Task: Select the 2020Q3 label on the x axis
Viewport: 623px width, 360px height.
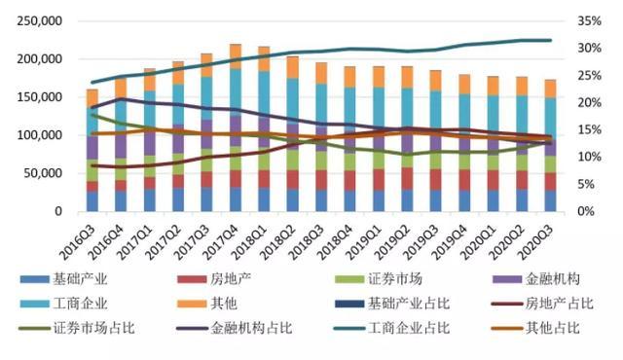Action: click(x=540, y=236)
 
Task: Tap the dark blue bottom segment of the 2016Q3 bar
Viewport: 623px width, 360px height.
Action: click(x=92, y=201)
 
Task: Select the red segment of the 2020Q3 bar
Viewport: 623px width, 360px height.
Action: click(x=550, y=181)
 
